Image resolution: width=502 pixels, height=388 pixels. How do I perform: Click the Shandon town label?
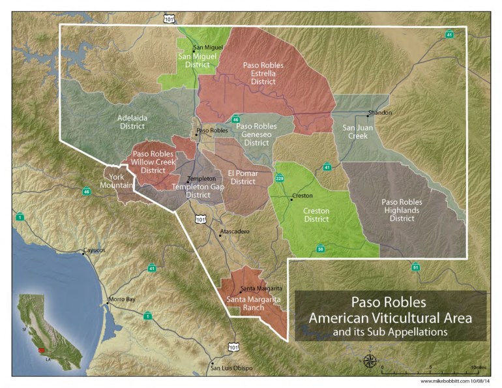click(380, 113)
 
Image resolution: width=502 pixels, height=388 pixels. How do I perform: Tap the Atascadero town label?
click(235, 231)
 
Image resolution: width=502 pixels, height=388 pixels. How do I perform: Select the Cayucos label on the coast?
click(93, 251)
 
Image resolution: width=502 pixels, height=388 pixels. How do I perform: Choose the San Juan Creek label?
click(359, 132)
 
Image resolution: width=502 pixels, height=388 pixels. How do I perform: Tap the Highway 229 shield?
click(280, 177)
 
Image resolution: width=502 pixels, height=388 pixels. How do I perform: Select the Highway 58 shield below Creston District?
click(320, 249)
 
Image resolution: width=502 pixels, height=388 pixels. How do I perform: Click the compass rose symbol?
click(370, 361)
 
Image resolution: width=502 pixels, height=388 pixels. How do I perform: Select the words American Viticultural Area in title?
click(390, 318)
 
